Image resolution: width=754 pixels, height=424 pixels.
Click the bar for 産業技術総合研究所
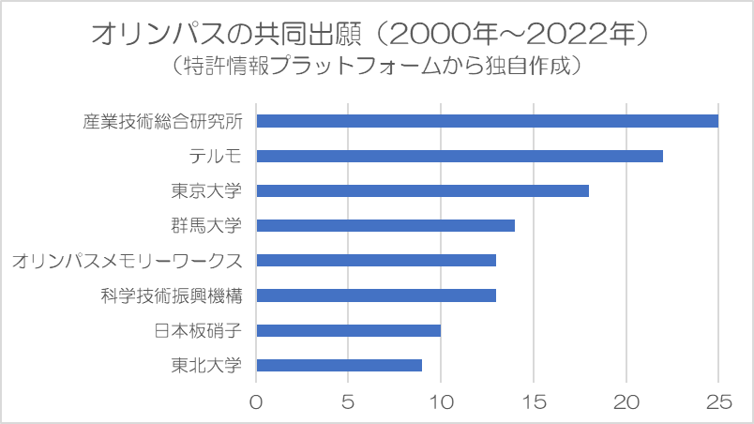coord(487,121)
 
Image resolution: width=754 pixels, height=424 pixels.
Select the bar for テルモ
coord(460,156)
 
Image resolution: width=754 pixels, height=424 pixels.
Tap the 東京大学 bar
coord(422,190)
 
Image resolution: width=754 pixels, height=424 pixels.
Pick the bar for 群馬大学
coord(385,225)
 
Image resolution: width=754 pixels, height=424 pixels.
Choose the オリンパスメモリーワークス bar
coord(376,260)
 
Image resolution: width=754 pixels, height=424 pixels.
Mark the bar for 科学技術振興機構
coord(376,295)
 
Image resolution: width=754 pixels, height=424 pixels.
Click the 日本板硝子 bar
coord(348,330)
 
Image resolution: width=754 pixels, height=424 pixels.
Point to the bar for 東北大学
coord(339,365)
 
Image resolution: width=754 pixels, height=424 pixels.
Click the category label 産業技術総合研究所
coord(162,121)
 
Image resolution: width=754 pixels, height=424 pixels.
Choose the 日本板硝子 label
coord(198,330)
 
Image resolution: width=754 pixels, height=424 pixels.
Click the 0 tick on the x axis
coord(256,401)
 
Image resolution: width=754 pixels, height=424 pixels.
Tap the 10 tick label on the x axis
coord(441,401)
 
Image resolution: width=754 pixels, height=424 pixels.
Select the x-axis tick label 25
coord(718,401)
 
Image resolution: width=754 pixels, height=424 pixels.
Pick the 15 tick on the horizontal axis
coord(533,401)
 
